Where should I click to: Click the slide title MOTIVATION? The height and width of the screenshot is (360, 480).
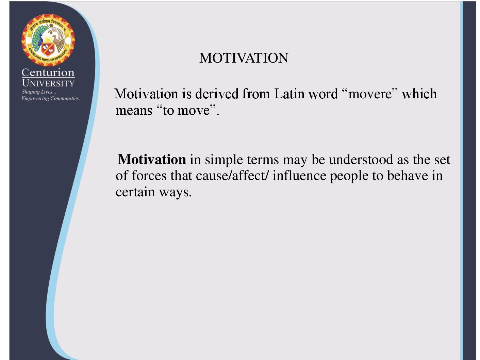tap(244, 58)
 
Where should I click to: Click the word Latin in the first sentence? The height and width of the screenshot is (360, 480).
tap(289, 94)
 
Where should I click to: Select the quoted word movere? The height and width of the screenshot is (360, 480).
tap(370, 94)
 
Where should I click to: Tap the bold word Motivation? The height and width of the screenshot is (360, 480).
tap(152, 159)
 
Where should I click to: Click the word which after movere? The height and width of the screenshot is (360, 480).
tap(419, 94)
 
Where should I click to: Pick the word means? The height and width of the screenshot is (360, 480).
tap(134, 111)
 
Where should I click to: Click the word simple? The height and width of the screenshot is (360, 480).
tap(224, 160)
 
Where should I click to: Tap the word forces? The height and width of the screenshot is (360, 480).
tap(149, 176)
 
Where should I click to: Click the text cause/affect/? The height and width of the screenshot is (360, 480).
tap(232, 176)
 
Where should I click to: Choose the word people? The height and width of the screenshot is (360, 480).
tap(349, 176)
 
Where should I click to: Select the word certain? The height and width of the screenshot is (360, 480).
tap(135, 192)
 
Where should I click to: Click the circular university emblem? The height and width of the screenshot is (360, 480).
tap(48, 40)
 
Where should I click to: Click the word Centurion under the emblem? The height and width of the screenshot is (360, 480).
tap(48, 72)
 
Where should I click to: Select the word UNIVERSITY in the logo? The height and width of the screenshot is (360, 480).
tap(48, 83)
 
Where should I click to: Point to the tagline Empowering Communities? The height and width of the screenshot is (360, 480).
tap(52, 98)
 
